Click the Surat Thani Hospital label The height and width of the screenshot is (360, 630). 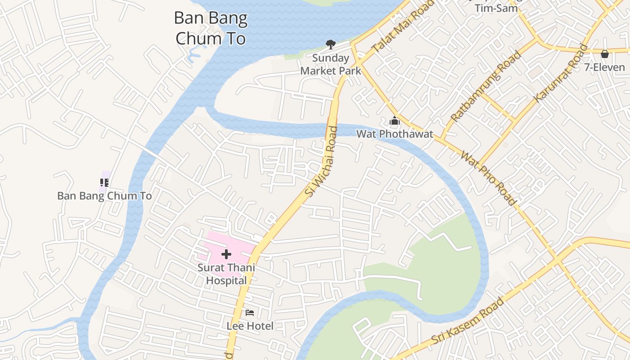click(x=226, y=274)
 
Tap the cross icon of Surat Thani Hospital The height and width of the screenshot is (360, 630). click(x=226, y=255)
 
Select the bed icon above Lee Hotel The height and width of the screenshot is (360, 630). click(x=250, y=312)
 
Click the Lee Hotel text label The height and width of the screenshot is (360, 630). click(x=250, y=326)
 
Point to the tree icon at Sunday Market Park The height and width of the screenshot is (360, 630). click(x=331, y=44)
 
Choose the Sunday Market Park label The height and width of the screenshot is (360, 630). click(x=331, y=64)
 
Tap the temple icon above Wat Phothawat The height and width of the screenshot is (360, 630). click(x=395, y=121)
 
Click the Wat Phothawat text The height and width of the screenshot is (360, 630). click(x=395, y=134)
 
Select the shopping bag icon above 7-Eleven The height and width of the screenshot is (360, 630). click(x=605, y=54)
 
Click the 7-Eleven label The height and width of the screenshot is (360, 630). click(x=605, y=67)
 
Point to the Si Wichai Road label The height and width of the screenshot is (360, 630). click(x=321, y=161)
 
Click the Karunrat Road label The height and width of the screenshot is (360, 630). click(x=561, y=73)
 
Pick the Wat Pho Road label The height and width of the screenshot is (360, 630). click(x=488, y=178)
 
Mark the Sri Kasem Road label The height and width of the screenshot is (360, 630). click(x=468, y=321)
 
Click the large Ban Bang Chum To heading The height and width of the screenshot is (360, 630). click(x=211, y=28)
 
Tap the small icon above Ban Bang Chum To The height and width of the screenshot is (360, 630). click(x=104, y=182)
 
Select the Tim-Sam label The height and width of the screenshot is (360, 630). click(x=496, y=8)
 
